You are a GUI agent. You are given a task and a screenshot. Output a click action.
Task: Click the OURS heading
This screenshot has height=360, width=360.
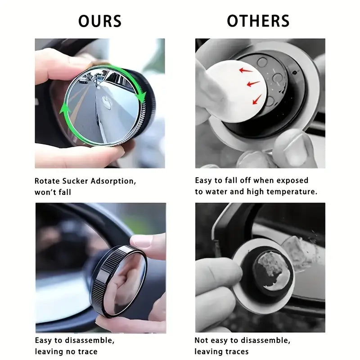click(100, 21)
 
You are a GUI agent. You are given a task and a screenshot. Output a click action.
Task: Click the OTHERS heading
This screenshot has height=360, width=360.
click(258, 21)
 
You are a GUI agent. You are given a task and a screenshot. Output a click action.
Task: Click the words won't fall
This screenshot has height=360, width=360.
click(53, 192)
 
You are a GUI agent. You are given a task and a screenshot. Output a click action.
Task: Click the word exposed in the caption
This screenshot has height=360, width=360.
click(292, 180)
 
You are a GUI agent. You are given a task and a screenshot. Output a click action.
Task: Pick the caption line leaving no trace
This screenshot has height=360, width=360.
click(66, 351)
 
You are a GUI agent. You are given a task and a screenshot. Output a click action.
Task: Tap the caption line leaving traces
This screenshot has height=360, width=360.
click(221, 351)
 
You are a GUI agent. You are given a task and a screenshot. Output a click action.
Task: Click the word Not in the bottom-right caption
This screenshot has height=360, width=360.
click(201, 341)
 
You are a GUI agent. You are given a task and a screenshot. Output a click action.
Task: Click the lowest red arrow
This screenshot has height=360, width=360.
click(257, 99)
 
